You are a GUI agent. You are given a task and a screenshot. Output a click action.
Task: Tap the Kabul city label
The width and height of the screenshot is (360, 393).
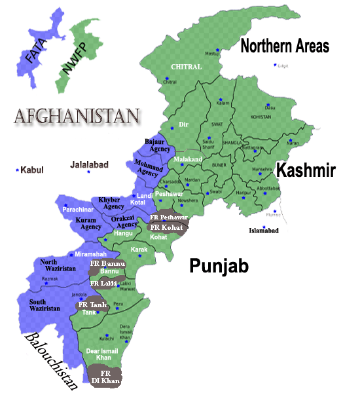click(31, 170)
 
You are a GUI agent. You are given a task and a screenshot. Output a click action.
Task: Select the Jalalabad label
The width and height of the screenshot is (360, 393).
click(89, 165)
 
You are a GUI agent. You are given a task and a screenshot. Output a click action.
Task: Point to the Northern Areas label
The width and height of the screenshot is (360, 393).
click(285, 46)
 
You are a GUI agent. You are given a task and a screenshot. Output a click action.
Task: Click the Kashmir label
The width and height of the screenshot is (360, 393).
click(306, 171)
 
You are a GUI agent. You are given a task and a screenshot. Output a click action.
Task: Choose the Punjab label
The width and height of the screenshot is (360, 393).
click(220, 265)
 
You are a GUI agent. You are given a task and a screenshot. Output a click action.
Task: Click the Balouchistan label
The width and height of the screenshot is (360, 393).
click(52, 361)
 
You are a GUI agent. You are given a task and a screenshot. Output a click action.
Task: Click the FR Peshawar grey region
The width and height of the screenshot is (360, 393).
click(169, 217)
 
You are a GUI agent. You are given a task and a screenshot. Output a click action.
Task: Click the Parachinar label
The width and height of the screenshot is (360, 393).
click(80, 210)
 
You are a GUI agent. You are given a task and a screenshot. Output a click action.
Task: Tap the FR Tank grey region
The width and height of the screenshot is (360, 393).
click(92, 305)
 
